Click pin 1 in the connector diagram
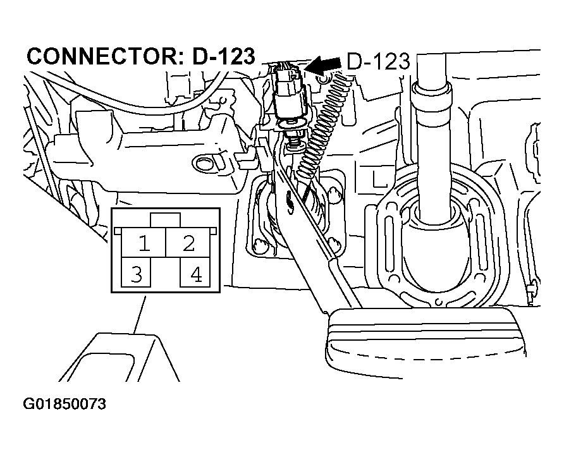[x=144, y=243]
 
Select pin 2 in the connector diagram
[x=187, y=243]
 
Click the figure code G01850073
[x=64, y=404]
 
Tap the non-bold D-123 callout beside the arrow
[x=378, y=61]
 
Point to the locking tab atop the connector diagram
[x=166, y=220]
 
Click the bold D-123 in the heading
[x=224, y=56]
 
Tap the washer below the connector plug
[x=293, y=124]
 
